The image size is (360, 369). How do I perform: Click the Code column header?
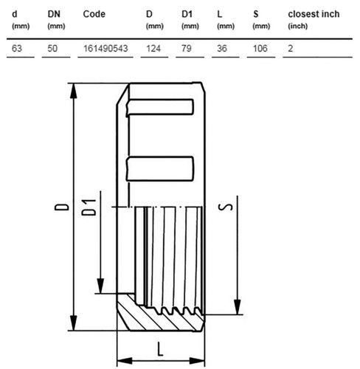pos(94,14)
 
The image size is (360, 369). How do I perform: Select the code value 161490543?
pos(105,49)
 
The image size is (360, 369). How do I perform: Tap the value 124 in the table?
pos(153,49)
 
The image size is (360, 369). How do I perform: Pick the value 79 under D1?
pos(187,49)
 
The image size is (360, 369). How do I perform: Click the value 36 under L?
pos(222,49)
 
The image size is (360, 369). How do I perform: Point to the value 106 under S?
pos(260,49)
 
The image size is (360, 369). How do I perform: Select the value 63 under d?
pos(17,49)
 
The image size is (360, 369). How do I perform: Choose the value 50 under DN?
pos(52,49)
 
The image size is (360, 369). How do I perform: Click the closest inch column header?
pos(314,14)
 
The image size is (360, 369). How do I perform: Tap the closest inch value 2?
pos(291,49)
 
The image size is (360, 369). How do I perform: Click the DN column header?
pos(54,14)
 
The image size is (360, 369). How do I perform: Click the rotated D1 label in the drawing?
pos(89,207)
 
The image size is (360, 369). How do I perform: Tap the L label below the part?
pos(160,349)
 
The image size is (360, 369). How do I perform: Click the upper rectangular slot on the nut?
pos(160,107)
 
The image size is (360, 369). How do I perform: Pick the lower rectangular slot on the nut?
pos(160,168)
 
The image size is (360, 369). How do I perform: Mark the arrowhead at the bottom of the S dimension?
pos(238,307)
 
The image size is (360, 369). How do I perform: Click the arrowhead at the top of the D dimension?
pos(73,91)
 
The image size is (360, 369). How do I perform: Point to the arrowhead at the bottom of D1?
pos(100,286)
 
